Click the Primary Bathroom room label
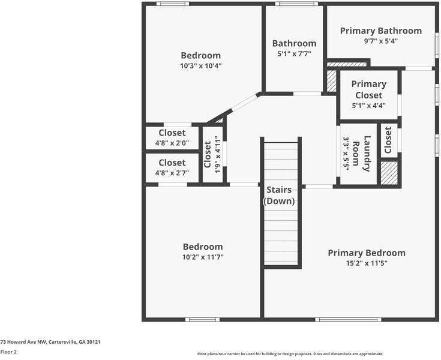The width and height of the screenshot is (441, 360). pos(380,31)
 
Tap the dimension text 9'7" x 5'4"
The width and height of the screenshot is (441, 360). pos(380,41)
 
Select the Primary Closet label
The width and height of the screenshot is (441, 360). pos(368,89)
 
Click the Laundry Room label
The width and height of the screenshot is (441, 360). pos(361,154)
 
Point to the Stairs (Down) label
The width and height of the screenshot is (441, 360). pos(279,196)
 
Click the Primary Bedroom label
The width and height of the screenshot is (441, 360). pos(366,253)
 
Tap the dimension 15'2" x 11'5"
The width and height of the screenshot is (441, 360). pos(366,263)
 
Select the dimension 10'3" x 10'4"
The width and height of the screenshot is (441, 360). pos(201,66)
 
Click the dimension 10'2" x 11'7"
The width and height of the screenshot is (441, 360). pos(203,257)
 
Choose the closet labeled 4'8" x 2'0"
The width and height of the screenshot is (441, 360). pos(172,137)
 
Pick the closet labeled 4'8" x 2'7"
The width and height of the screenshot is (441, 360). pos(172,167)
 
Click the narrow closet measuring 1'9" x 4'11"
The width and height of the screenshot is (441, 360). pos(212,154)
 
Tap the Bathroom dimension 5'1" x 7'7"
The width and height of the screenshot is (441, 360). pos(294,54)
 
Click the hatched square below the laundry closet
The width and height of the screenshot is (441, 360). pos(389,173)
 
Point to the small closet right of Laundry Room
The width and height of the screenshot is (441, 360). pos(388,140)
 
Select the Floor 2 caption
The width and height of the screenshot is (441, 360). pos(8,352)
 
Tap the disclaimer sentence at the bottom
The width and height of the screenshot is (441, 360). pos(290,353)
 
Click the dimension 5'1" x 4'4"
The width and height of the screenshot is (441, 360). pos(368,106)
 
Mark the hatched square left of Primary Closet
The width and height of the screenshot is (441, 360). pos(331,80)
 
